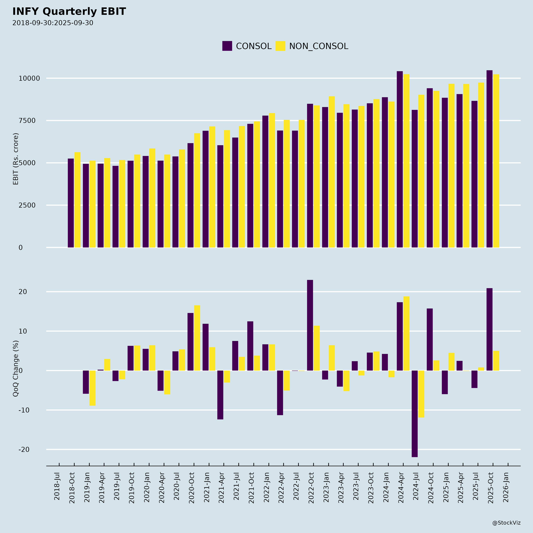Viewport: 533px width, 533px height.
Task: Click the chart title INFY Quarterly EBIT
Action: [x=69, y=12]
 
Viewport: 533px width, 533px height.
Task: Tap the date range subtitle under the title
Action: [x=53, y=23]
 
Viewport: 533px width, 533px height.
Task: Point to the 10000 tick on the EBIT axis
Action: [x=29, y=78]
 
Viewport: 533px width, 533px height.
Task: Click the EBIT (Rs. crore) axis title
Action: [x=16, y=159]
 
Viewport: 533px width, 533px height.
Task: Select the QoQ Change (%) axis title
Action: [x=16, y=369]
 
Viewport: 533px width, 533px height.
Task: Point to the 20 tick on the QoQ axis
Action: [x=23, y=292]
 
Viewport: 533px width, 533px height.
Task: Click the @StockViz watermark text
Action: [x=506, y=523]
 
